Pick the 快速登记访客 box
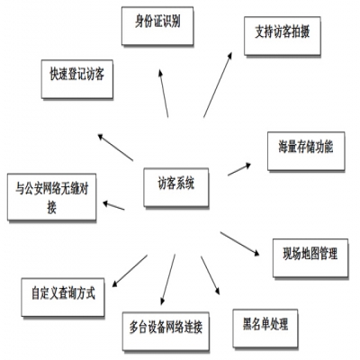[x=76, y=76]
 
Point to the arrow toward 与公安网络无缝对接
[x=112, y=206]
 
